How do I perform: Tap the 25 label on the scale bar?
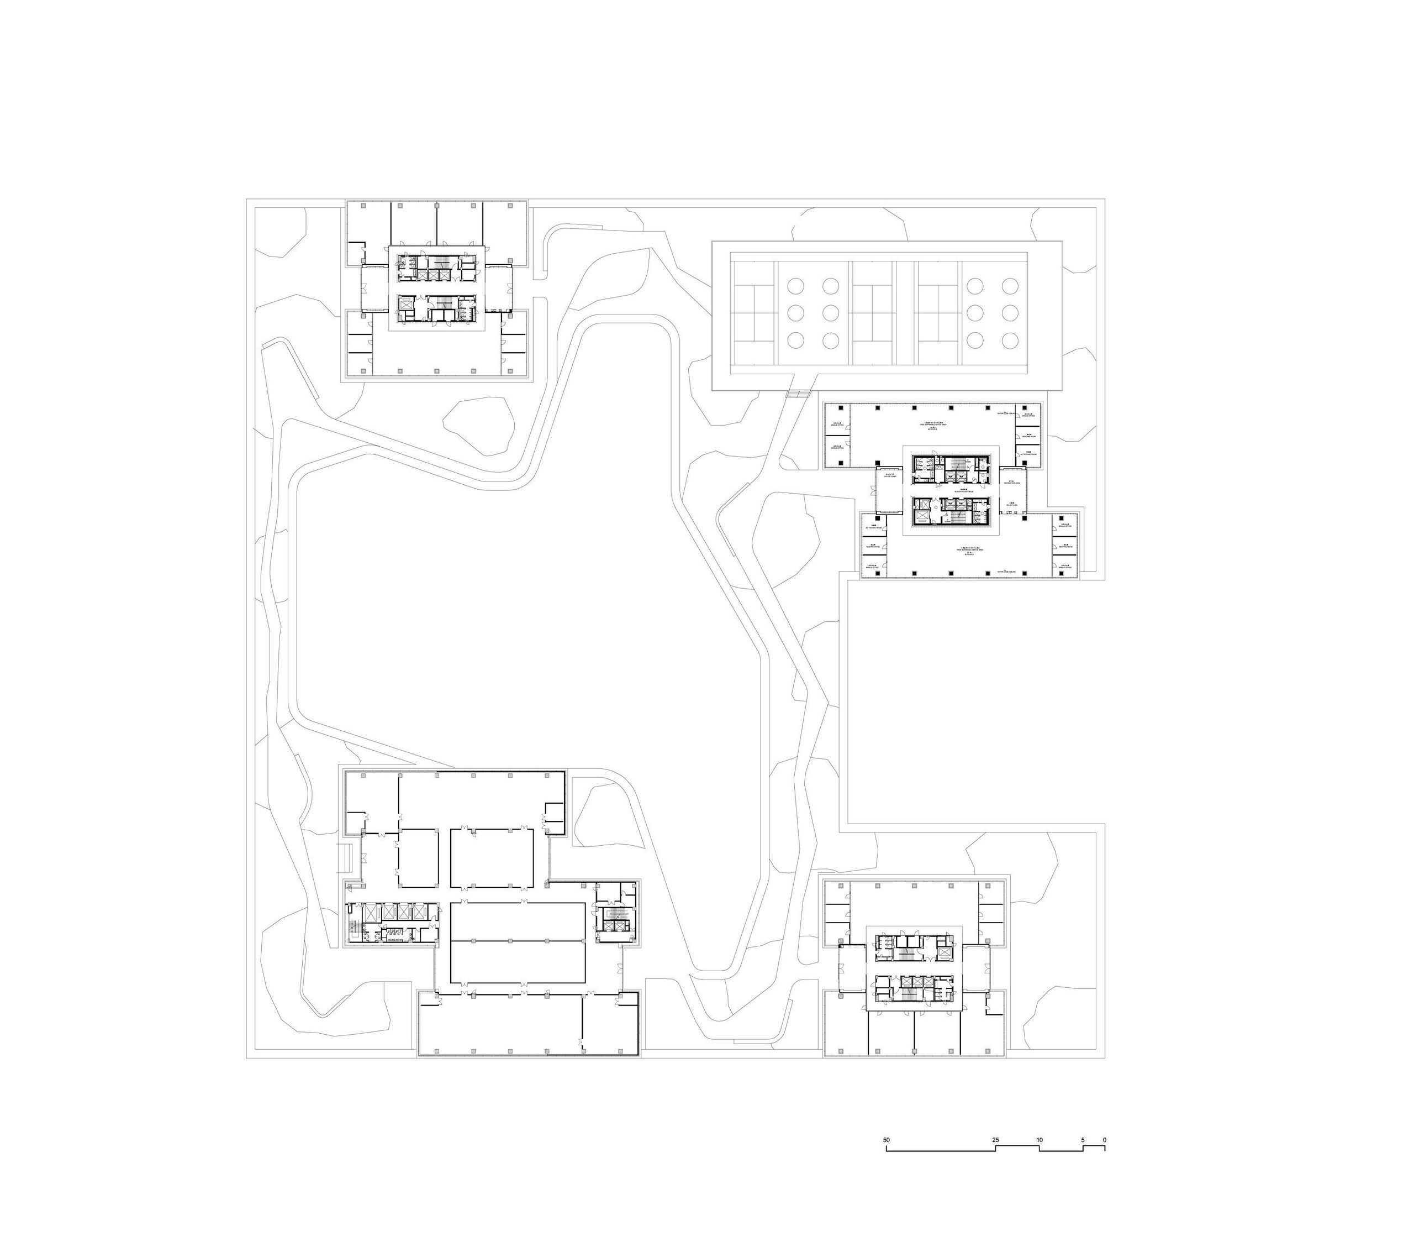coord(995,1139)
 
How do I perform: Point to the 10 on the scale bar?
coord(1039,1139)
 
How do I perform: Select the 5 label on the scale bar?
coord(1083,1139)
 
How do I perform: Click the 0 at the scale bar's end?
coord(1105,1139)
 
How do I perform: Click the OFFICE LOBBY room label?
coord(890,476)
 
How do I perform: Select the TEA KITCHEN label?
coord(1011,505)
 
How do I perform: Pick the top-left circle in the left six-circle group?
coord(795,285)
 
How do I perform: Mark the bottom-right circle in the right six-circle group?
coord(1010,341)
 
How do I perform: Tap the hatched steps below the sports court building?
coord(798,394)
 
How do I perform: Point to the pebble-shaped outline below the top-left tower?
coord(479,425)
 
